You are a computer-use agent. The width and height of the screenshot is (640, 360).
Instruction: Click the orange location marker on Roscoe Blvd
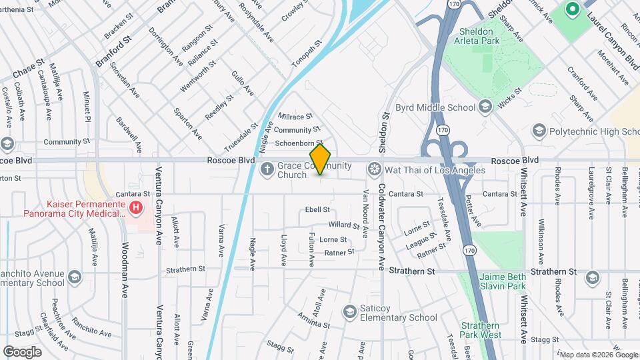pyautogui.click(x=321, y=159)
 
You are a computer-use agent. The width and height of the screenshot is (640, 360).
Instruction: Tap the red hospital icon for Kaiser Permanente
pyautogui.click(x=135, y=207)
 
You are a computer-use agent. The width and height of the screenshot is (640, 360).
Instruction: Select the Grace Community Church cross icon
pyautogui.click(x=267, y=169)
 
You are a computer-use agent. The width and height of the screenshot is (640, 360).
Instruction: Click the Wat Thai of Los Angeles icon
pyautogui.click(x=375, y=169)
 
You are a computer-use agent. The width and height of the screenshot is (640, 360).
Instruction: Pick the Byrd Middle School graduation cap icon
pyautogui.click(x=485, y=107)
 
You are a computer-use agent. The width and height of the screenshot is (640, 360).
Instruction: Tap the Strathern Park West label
pyautogui.click(x=480, y=330)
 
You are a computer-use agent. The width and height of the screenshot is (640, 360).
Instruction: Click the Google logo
pyautogui.click(x=22, y=351)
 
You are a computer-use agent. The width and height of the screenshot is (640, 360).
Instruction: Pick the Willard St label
pyautogui.click(x=343, y=225)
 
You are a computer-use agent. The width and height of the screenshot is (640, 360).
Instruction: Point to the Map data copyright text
pyautogui.click(x=598, y=355)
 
